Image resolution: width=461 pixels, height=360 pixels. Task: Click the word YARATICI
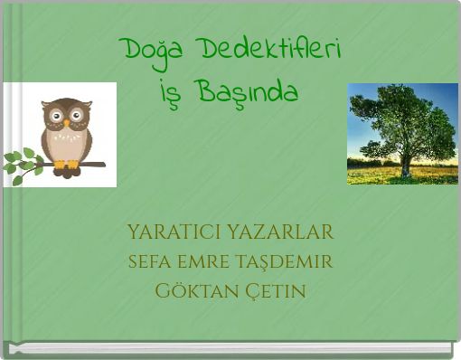177,232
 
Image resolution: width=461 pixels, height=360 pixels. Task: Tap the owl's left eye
56,117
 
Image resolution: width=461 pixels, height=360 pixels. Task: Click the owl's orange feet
66,165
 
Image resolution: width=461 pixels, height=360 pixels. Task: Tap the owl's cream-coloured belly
66,145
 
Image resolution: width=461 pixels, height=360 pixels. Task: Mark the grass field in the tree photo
380,174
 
